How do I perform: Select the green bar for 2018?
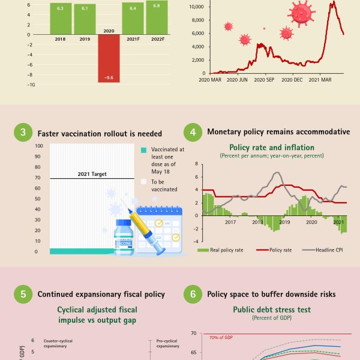pyautogui.click(x=61, y=19)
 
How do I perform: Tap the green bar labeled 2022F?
pyautogui.click(x=157, y=17)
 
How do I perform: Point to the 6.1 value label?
pyautogui.click(x=85, y=8)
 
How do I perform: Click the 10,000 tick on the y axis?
pyautogui.click(x=196, y=7)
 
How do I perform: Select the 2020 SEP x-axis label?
pyautogui.click(x=265, y=79)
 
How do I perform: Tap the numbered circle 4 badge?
pyautogui.click(x=193, y=132)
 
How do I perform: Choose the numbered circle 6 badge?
pyautogui.click(x=193, y=294)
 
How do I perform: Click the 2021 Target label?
pyautogui.click(x=92, y=175)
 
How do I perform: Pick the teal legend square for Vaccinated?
pyautogui.click(x=143, y=151)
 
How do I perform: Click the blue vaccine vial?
pyautogui.click(x=124, y=236)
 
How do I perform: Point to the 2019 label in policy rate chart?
pyautogui.click(x=284, y=222)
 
